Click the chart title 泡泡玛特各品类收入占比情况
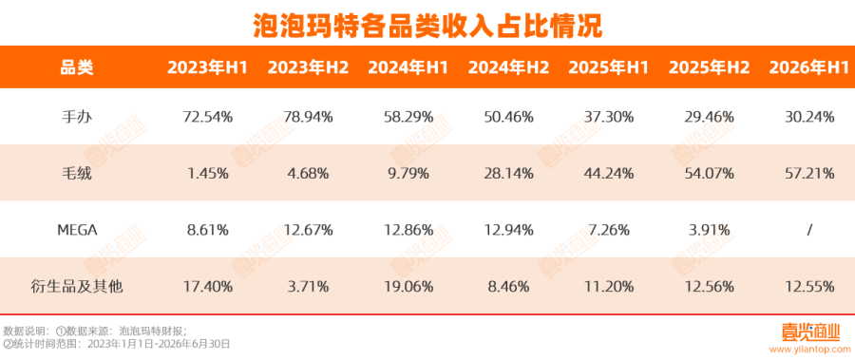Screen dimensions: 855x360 428,25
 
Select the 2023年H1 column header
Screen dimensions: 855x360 207,67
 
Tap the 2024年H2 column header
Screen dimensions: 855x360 509,67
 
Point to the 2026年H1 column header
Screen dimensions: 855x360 809,67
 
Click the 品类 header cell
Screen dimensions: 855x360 77,67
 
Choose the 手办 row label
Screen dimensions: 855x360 77,117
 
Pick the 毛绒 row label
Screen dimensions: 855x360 77,174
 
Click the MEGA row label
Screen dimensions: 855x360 77,230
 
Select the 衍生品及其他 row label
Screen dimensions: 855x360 77,286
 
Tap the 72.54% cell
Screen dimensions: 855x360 207,117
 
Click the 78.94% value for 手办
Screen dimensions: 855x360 308,117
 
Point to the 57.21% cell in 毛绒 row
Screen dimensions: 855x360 809,174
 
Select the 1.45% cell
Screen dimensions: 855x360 207,174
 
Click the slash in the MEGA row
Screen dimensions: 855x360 809,230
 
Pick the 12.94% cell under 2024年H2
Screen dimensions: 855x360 509,230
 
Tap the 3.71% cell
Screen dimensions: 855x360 308,286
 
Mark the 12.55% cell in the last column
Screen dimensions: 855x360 809,286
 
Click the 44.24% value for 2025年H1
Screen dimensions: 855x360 609,174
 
